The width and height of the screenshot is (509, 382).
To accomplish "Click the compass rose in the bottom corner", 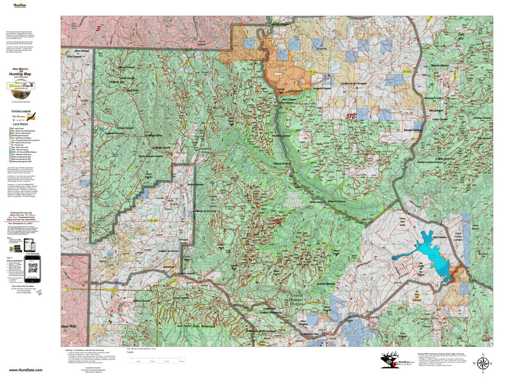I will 482,364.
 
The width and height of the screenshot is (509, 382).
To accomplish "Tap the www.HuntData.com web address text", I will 25,370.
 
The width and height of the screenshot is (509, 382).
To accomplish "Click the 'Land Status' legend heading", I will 20,124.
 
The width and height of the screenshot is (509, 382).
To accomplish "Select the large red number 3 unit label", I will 98,28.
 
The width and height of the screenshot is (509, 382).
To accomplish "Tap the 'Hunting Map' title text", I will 21,74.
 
